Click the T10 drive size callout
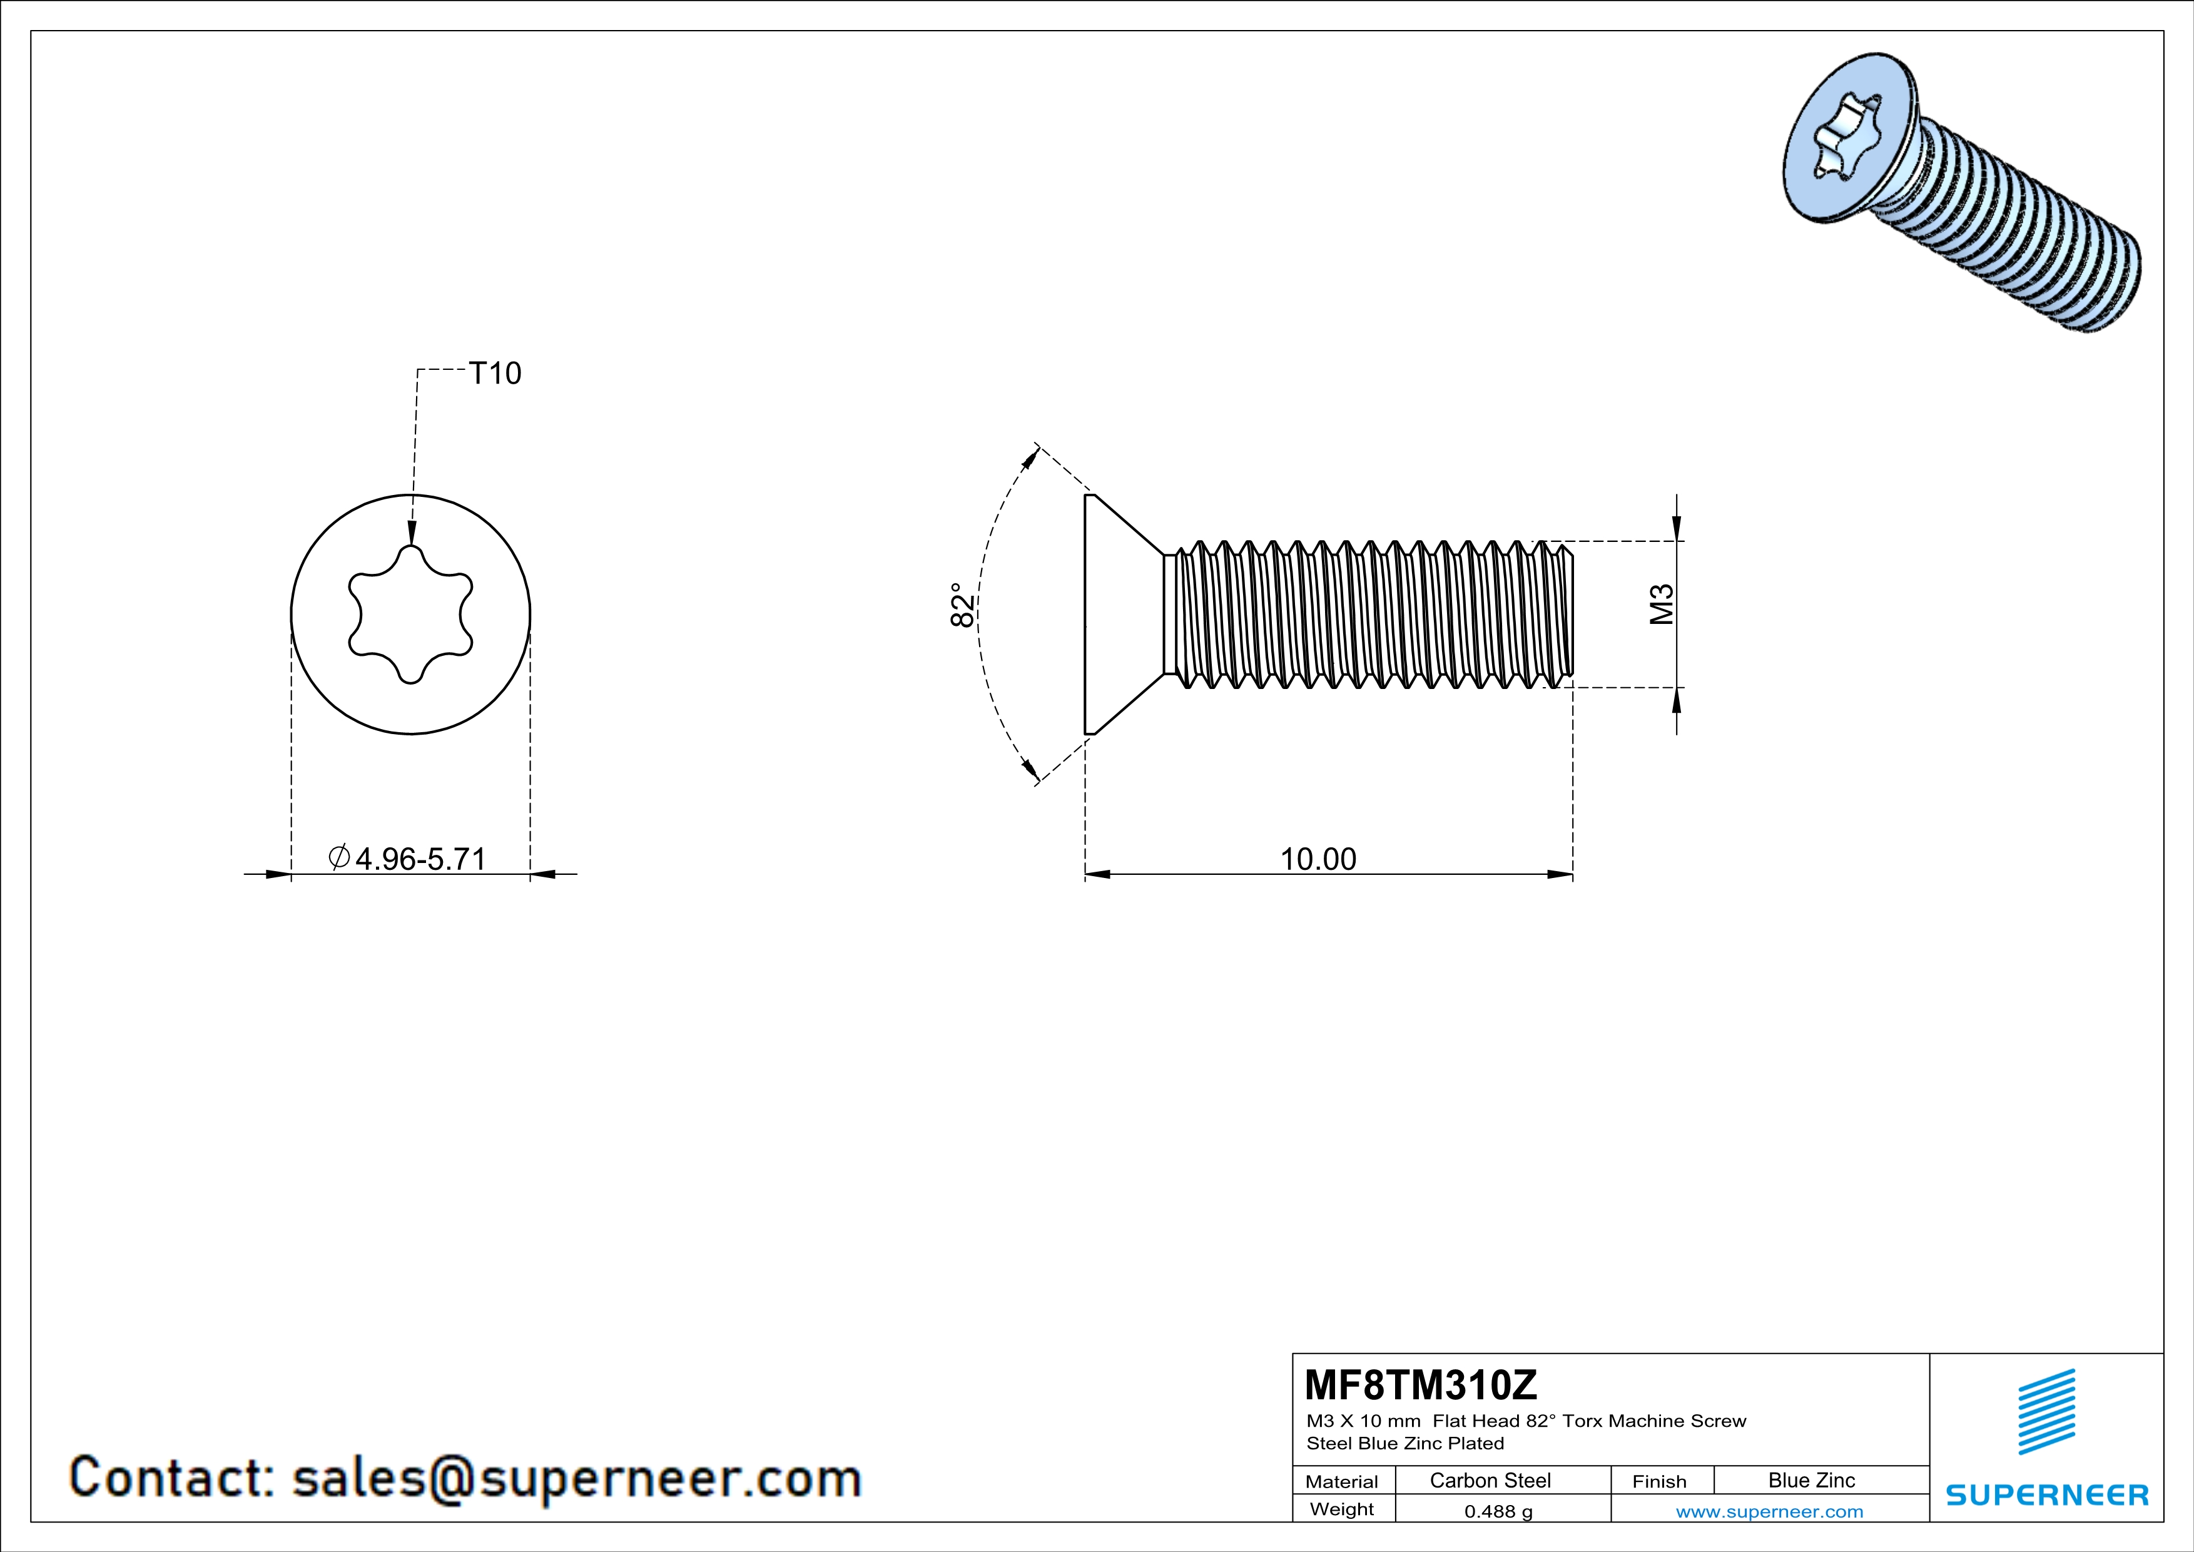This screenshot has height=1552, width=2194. point(494,373)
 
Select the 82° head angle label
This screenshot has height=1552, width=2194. point(963,605)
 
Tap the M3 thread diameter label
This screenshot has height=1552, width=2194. point(1662,604)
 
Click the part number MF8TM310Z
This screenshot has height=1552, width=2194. point(1421,1384)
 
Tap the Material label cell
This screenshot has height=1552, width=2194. point(1342,1481)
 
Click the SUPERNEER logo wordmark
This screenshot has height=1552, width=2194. point(2047,1494)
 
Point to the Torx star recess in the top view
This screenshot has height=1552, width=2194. point(411,615)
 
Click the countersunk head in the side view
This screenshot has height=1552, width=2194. point(1118,615)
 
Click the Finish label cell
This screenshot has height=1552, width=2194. point(1659,1481)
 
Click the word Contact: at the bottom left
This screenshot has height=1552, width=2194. point(172,1478)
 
